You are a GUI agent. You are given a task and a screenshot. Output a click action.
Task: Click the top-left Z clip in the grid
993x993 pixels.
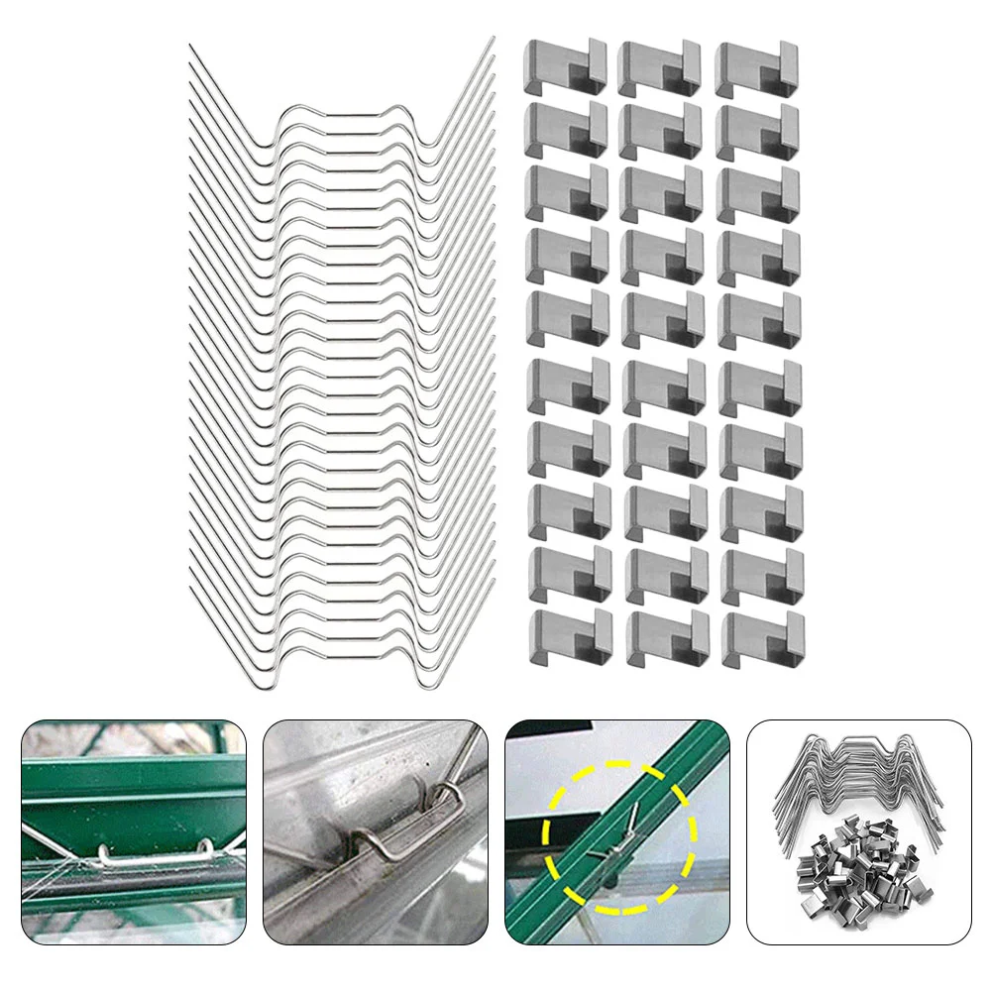coord(566,66)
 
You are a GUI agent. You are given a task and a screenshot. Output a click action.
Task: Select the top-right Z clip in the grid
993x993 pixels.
coord(756,67)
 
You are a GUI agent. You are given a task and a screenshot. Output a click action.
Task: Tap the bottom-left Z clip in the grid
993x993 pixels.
coord(569,637)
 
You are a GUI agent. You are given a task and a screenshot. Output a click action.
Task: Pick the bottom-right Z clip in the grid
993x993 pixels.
coord(762,637)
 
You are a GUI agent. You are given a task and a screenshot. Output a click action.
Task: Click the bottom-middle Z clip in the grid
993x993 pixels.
coord(666,637)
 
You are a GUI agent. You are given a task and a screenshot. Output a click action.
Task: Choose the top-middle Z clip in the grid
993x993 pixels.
coord(659,67)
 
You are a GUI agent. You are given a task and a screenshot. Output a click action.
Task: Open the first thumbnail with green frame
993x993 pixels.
coord(134,831)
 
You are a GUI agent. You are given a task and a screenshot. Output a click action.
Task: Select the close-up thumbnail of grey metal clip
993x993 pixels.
coord(375,831)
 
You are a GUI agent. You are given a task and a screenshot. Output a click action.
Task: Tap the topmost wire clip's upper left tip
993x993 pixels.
coord(191,46)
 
